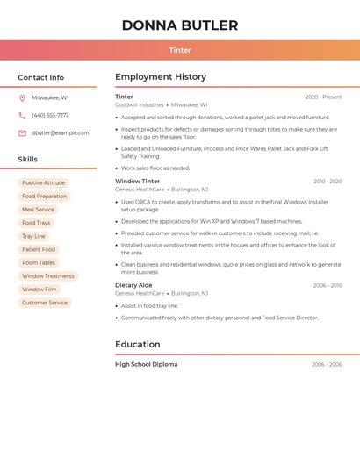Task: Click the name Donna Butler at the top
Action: [180, 25]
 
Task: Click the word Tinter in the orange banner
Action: [180, 50]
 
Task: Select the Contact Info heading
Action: [40, 77]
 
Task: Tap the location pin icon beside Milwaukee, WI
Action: [22, 98]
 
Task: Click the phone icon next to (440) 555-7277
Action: [22, 116]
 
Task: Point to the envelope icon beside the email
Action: [22, 133]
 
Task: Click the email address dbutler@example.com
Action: [61, 133]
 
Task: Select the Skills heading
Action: [28, 160]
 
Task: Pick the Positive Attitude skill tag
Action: [44, 183]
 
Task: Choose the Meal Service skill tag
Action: [38, 210]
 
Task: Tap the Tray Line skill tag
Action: [33, 236]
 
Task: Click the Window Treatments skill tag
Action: [48, 276]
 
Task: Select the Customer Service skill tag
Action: [45, 303]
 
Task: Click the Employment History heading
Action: [161, 77]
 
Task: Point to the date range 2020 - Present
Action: [323, 97]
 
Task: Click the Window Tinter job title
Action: [138, 182]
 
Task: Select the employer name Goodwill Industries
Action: [140, 104]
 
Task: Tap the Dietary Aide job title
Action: [133, 285]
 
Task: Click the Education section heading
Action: [138, 344]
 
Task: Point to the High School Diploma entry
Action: [147, 364]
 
